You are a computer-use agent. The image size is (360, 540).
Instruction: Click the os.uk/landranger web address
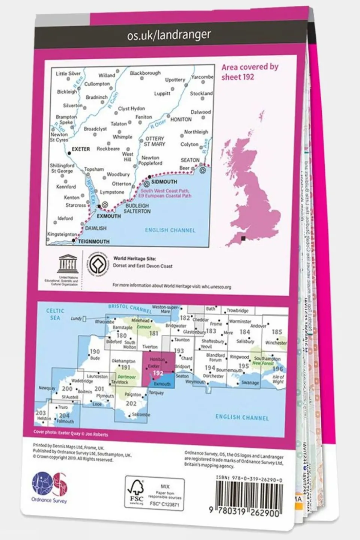pos(169,35)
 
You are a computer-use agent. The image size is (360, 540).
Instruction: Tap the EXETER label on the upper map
pos(81,149)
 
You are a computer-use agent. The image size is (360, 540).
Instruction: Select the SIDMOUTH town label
pos(164,182)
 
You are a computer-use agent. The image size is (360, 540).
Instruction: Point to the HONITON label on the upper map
pos(181,119)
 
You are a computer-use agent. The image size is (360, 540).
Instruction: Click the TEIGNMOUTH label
pos(93,242)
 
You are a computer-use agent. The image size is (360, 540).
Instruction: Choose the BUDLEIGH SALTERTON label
pos(137,209)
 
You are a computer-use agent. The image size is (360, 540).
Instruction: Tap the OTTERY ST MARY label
pos(155,141)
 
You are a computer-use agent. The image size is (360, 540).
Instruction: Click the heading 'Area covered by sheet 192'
pos(249,72)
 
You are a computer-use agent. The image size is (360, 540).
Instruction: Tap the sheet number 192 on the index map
pos(158,373)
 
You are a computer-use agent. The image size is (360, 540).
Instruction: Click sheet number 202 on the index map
pos(131,403)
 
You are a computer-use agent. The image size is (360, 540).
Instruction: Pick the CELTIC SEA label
pos(55,314)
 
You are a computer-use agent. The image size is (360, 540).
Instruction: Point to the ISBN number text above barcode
pos(249,480)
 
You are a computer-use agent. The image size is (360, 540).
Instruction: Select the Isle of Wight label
pos(278,379)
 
